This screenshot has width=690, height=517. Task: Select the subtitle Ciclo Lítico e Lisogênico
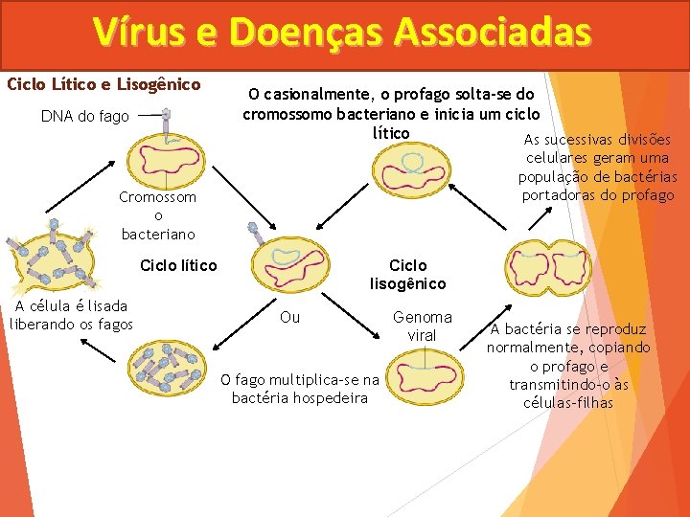tap(103, 84)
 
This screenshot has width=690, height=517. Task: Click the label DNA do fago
tap(84, 117)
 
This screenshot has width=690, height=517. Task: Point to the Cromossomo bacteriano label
tap(158, 215)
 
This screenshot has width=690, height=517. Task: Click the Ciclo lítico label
tap(178, 265)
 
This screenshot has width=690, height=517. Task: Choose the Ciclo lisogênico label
tap(408, 274)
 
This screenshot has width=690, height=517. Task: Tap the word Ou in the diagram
tap(290, 317)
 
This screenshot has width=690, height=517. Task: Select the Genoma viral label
tap(422, 326)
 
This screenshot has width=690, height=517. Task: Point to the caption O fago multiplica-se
tap(300, 388)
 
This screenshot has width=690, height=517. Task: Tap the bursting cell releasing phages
tap(54, 256)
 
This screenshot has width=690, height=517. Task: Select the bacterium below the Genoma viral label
tap(421, 374)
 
